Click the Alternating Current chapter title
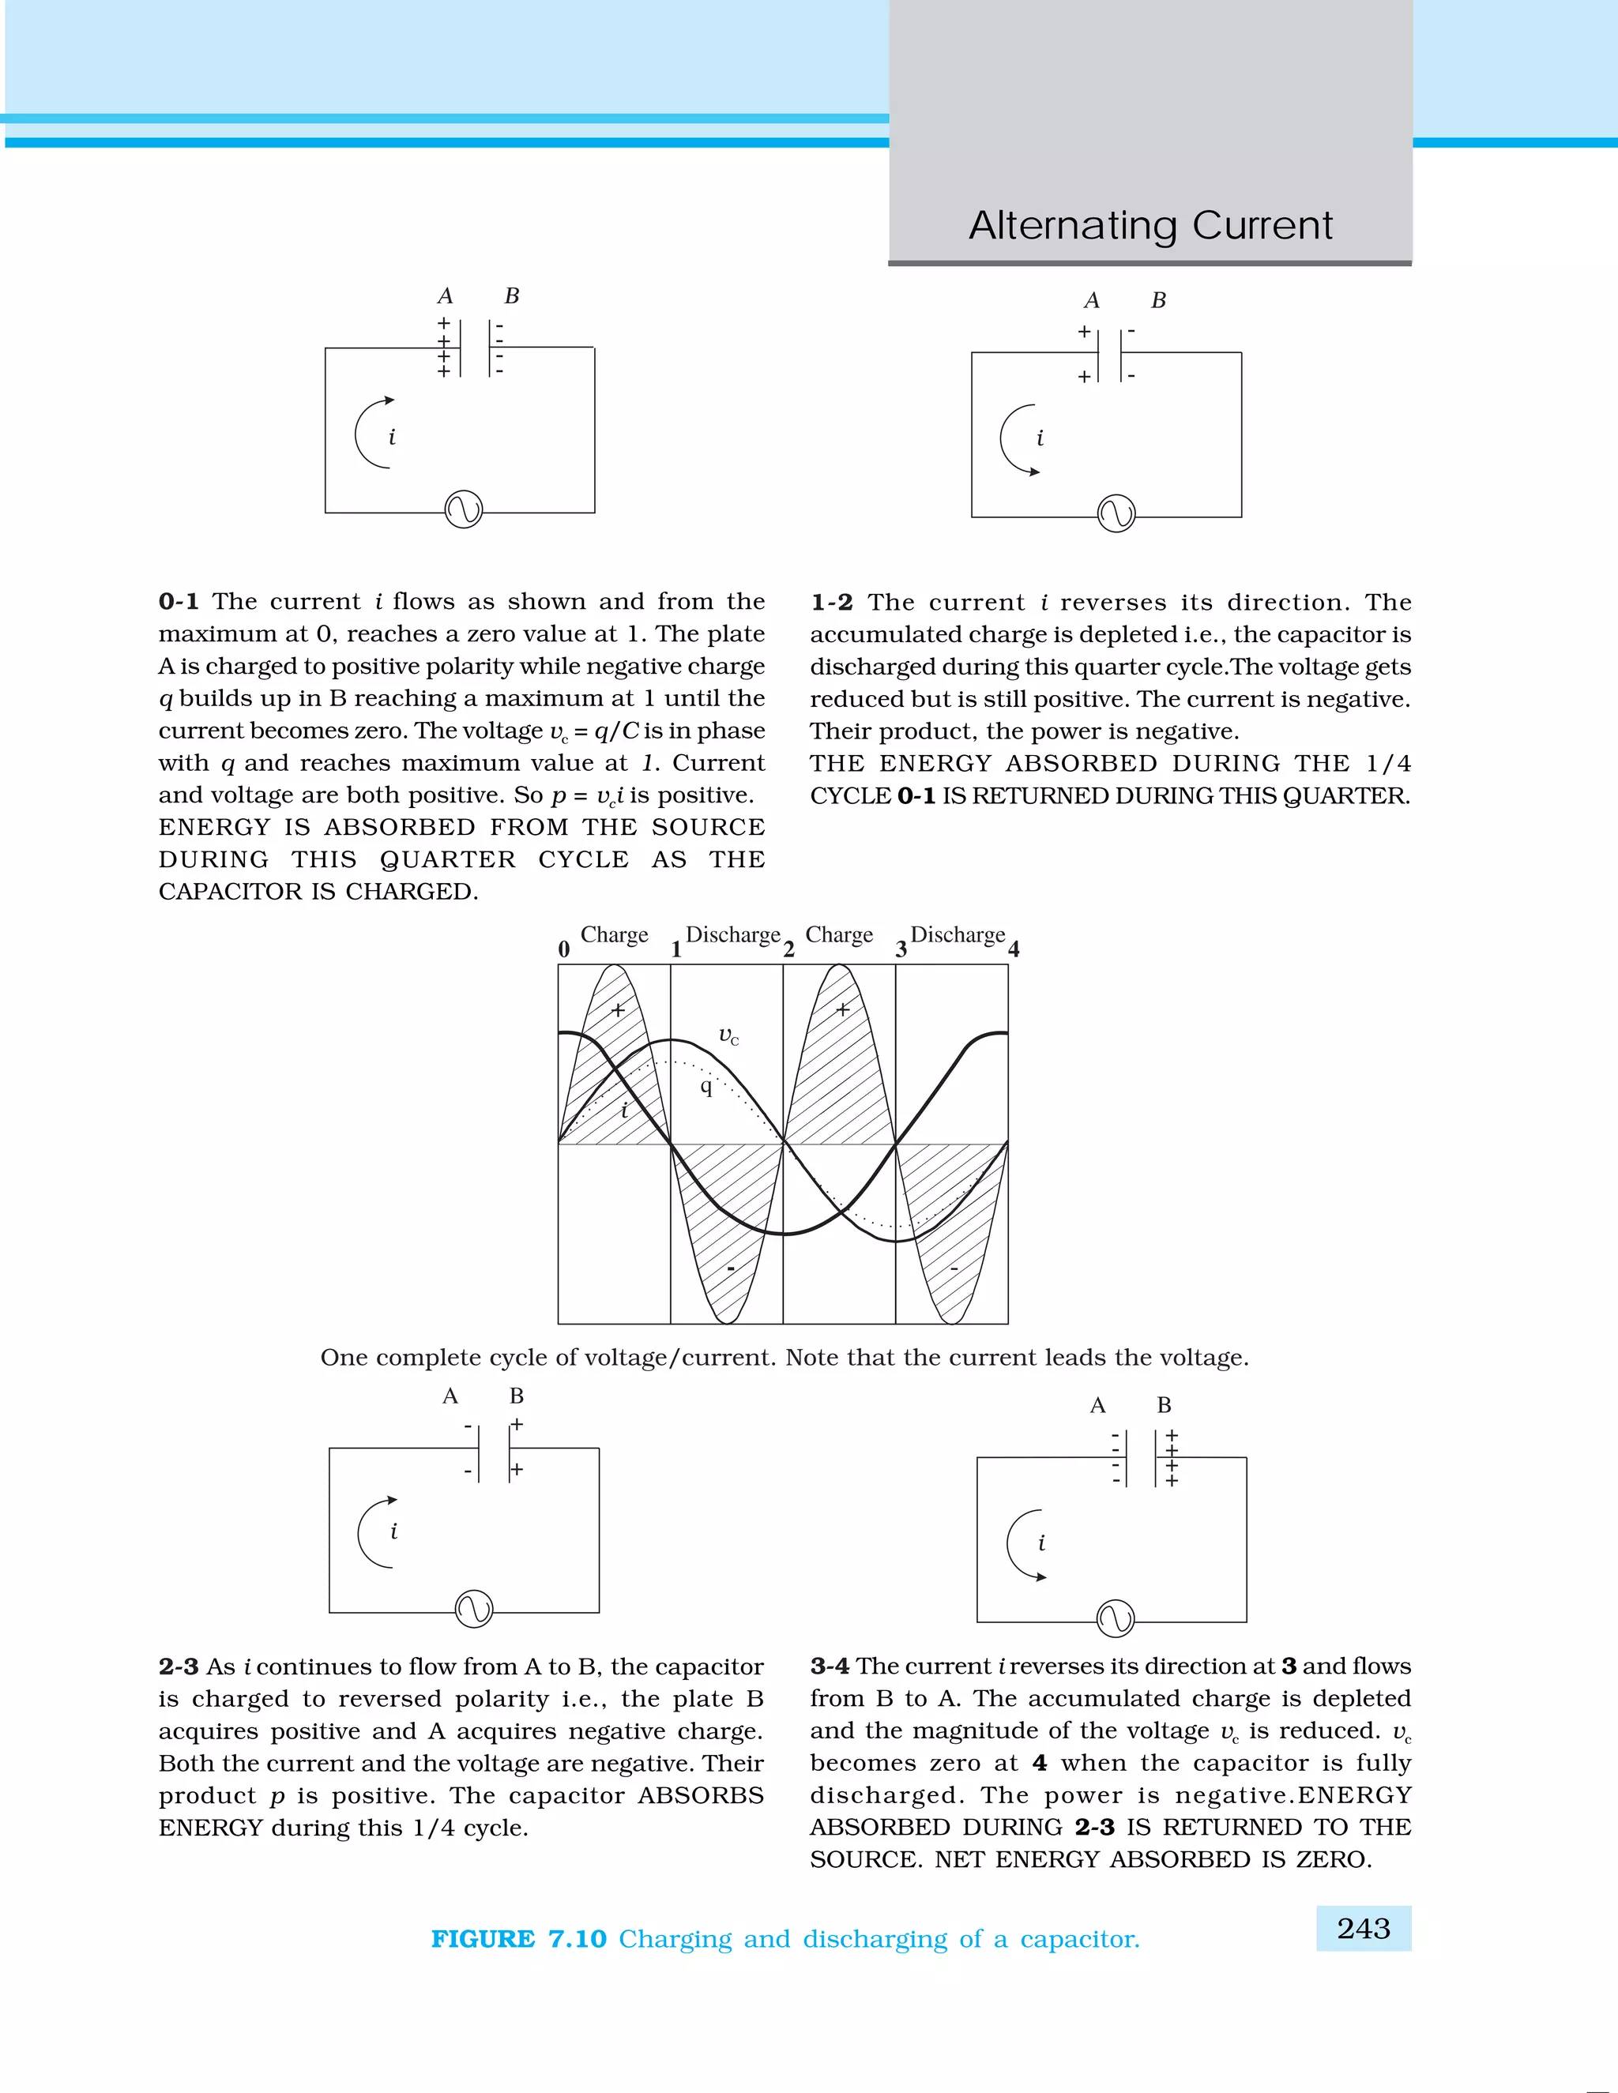[1150, 226]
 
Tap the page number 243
[1363, 1928]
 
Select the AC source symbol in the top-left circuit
[464, 510]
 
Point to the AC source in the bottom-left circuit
[473, 1609]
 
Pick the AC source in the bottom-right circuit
[1115, 1618]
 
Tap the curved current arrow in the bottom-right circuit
[1023, 1545]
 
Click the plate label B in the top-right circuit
[1159, 301]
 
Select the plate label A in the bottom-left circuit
[450, 1396]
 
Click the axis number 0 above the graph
[563, 949]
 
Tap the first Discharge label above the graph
[733, 934]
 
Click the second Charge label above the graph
[839, 934]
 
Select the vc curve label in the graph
[728, 1036]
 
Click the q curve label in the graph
[706, 1086]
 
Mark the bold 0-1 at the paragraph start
[179, 602]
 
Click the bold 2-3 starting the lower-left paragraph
[179, 1667]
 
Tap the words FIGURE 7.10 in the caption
[518, 1939]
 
